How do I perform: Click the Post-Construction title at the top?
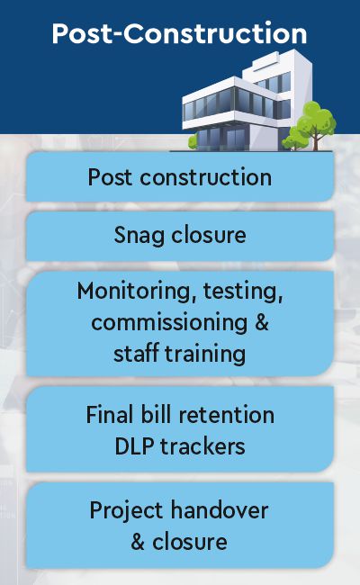[x=179, y=33]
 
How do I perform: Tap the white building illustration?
[x=247, y=101]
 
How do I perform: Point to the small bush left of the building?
[x=193, y=142]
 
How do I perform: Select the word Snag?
[x=139, y=236]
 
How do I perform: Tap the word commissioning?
[x=169, y=323]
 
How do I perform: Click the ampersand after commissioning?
[x=262, y=322]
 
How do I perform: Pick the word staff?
[x=136, y=354]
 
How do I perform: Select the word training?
[x=205, y=355]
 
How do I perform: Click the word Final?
[x=110, y=415]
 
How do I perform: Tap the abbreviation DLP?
[x=134, y=446]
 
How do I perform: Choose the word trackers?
[x=202, y=446]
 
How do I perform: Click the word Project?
[x=127, y=511]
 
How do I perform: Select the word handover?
[x=220, y=510]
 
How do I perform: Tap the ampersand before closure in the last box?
[x=138, y=542]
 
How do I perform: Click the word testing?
[x=243, y=292]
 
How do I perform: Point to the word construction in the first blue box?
[x=206, y=177]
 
